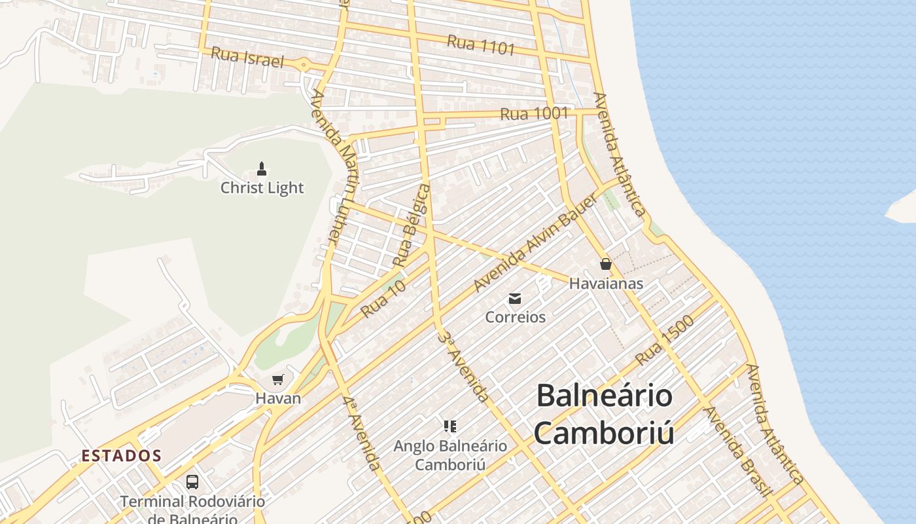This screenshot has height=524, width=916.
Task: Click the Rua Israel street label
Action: [x=247, y=57]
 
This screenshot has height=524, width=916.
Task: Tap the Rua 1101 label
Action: [x=481, y=45]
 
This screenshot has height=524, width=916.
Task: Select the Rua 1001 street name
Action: [x=534, y=113]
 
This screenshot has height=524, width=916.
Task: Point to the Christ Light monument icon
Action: [x=262, y=169]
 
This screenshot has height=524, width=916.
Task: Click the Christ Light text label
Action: [x=262, y=188]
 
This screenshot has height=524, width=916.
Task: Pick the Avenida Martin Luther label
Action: [x=334, y=167]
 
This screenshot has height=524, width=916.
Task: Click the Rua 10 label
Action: [x=383, y=298]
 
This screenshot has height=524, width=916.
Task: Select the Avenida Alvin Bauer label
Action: [x=535, y=244]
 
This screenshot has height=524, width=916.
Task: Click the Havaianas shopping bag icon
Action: [x=605, y=264]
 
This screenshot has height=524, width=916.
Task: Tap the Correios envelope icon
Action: [x=515, y=299]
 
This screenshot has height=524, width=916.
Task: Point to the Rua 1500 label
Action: [x=664, y=345]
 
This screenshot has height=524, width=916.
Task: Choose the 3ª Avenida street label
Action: [x=464, y=366]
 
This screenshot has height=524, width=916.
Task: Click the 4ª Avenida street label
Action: [x=362, y=432]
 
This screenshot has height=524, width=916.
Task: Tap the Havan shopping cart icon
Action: [x=278, y=379]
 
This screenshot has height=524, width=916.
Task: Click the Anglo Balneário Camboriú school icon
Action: [x=449, y=427]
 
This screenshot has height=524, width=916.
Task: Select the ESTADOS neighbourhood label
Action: [x=122, y=455]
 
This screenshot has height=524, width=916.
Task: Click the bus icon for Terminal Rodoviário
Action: [x=192, y=482]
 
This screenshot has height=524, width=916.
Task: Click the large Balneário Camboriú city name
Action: [x=604, y=414]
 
